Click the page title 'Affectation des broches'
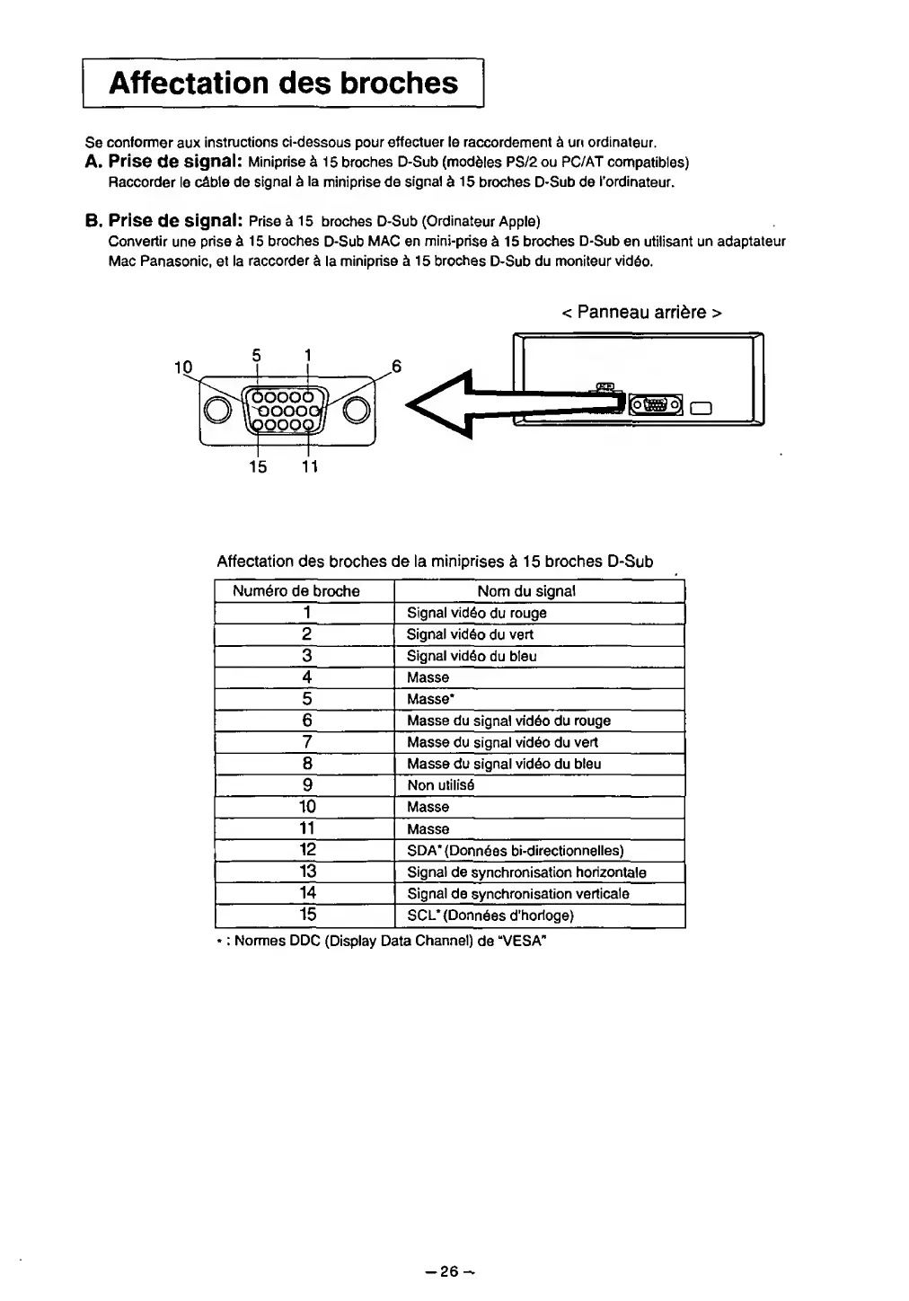[283, 83]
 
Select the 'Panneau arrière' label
[641, 312]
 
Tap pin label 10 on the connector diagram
[183, 367]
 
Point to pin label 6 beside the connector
[396, 367]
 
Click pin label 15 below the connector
[258, 466]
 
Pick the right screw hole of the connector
[356, 410]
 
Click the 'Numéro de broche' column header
[296, 591]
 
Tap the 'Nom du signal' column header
[526, 591]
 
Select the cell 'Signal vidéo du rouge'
[476, 613]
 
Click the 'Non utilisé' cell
[440, 785]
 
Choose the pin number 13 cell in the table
[307, 872]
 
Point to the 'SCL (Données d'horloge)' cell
[490, 916]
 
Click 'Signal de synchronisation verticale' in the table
[517, 894]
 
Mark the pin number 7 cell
[307, 742]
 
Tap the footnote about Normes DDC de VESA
[382, 941]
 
